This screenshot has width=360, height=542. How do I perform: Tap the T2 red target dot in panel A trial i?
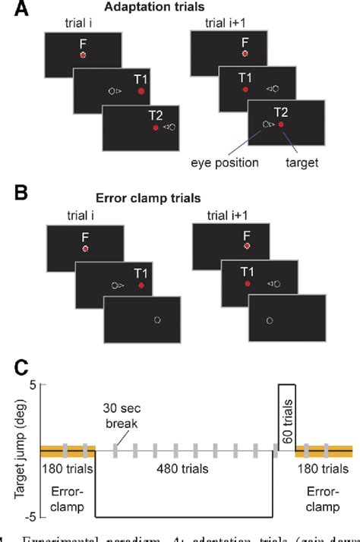point(156,128)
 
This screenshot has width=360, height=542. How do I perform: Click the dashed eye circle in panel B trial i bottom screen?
point(157,320)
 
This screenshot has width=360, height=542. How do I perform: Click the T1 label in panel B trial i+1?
point(245,270)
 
